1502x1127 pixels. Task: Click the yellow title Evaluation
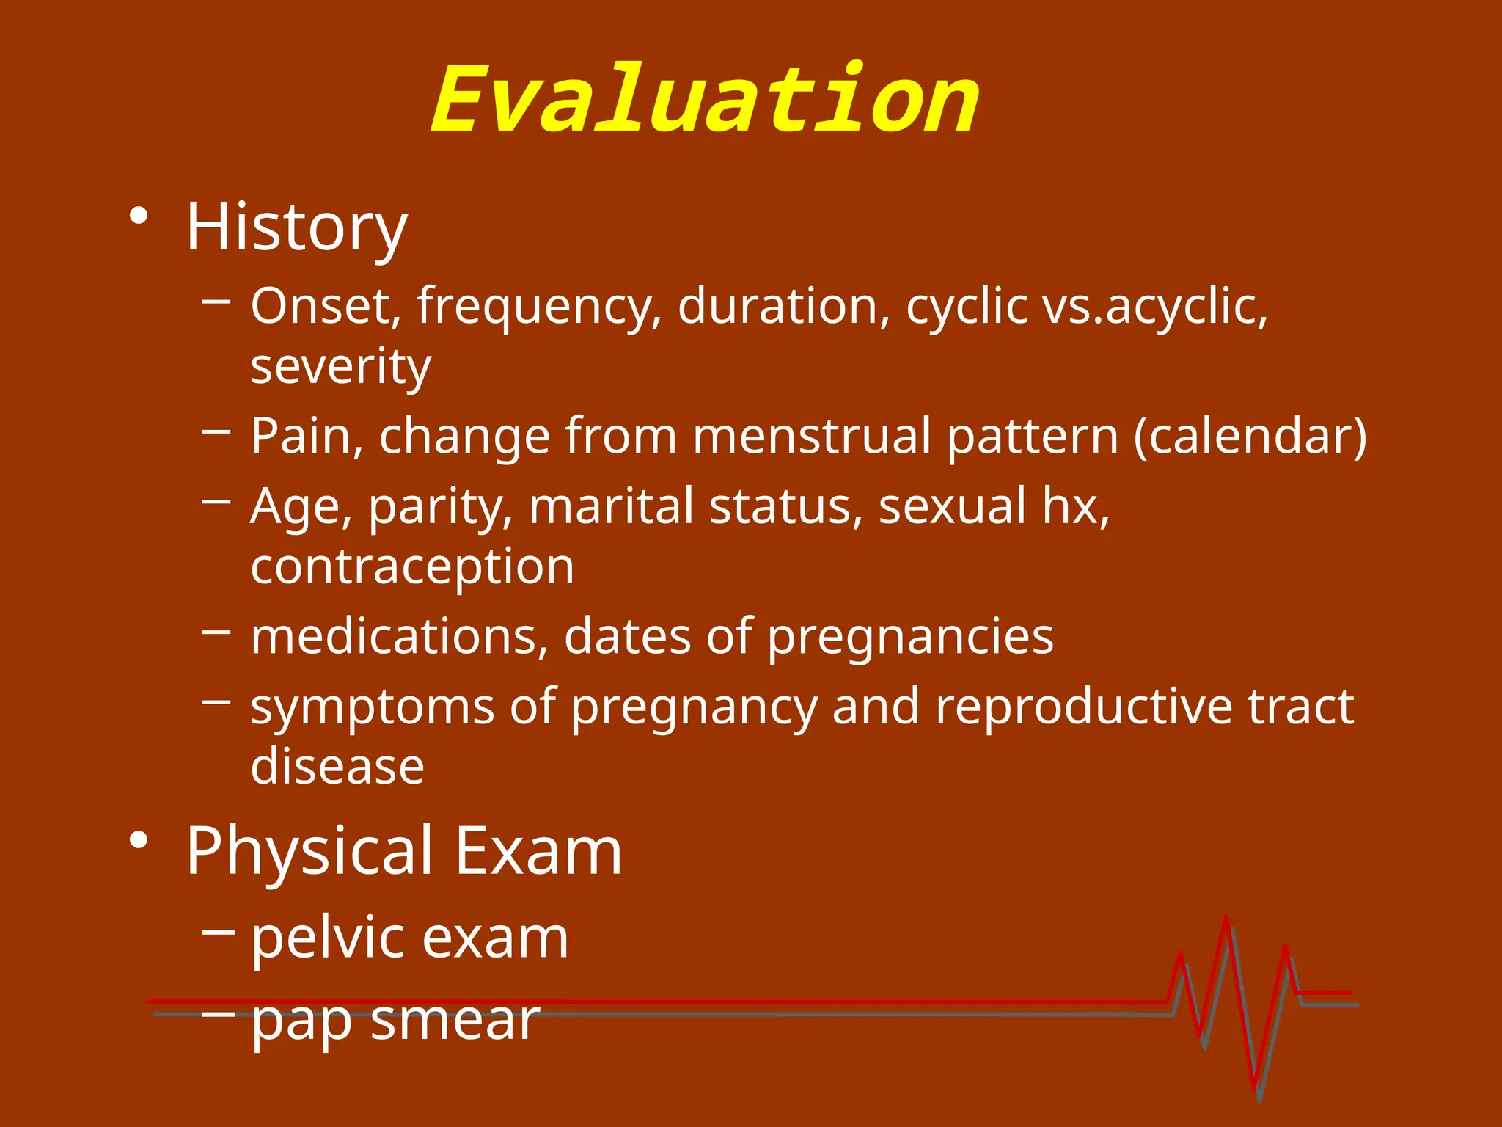(704, 101)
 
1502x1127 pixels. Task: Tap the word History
(296, 227)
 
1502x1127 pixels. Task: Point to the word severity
(341, 366)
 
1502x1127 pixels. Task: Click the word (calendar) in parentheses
(1250, 436)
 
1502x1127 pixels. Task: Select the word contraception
(412, 566)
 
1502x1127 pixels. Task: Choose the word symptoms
(373, 707)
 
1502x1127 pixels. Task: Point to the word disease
(337, 766)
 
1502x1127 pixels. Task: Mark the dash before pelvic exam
(218, 931)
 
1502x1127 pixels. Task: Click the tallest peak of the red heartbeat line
(1226, 919)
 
